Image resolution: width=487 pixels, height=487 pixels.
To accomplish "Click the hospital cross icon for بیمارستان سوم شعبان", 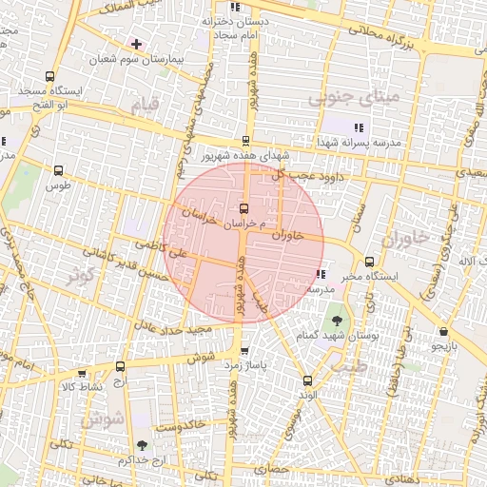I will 137,44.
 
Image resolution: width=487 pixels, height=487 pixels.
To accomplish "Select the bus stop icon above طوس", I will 59,171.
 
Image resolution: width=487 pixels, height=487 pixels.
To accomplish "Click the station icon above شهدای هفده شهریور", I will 246,141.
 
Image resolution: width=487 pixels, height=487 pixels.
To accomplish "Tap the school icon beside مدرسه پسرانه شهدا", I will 358,127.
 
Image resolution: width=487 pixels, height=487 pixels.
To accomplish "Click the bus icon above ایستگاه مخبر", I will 369,262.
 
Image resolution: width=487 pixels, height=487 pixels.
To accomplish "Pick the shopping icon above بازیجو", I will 444,332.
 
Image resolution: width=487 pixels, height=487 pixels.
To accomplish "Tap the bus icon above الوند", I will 306,379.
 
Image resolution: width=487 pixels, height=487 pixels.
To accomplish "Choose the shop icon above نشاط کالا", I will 82,373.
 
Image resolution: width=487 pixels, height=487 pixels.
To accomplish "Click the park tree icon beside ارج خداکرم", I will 142,444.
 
